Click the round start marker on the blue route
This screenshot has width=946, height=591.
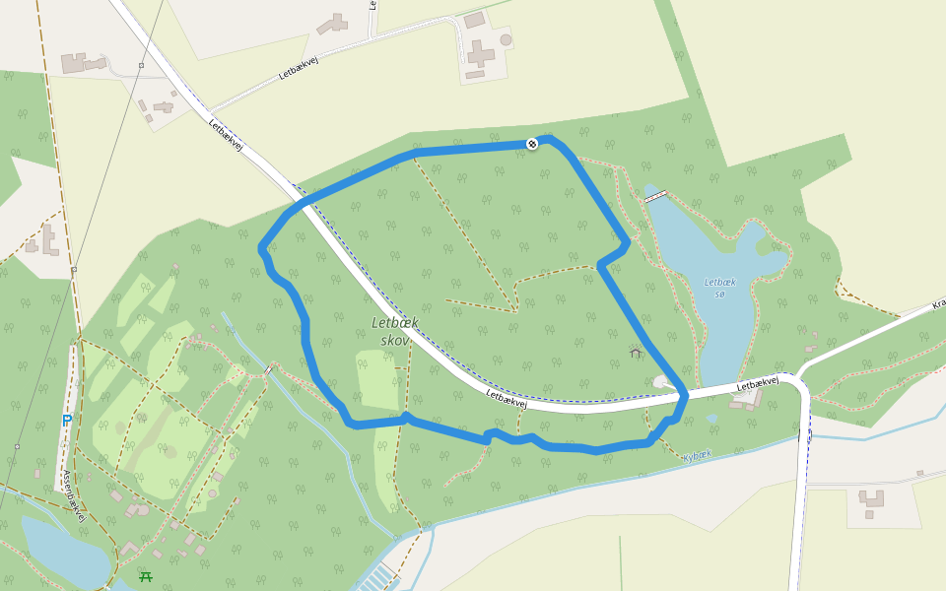tap(532, 145)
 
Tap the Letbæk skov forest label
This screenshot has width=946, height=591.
tap(395, 331)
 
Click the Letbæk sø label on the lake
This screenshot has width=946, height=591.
tap(720, 288)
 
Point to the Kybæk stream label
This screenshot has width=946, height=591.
tap(697, 456)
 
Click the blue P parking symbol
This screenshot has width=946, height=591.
tap(67, 422)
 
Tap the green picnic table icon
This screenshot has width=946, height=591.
tap(146, 576)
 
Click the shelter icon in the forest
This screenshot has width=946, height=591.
tap(636, 352)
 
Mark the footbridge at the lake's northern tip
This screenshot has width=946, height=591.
tap(656, 196)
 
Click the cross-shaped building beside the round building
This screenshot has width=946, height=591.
tap(480, 54)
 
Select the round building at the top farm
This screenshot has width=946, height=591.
tap(506, 39)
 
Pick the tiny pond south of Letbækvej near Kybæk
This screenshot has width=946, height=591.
tap(711, 419)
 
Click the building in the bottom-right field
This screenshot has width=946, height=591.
tap(871, 501)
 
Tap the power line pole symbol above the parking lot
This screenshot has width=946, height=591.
tap(74, 269)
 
